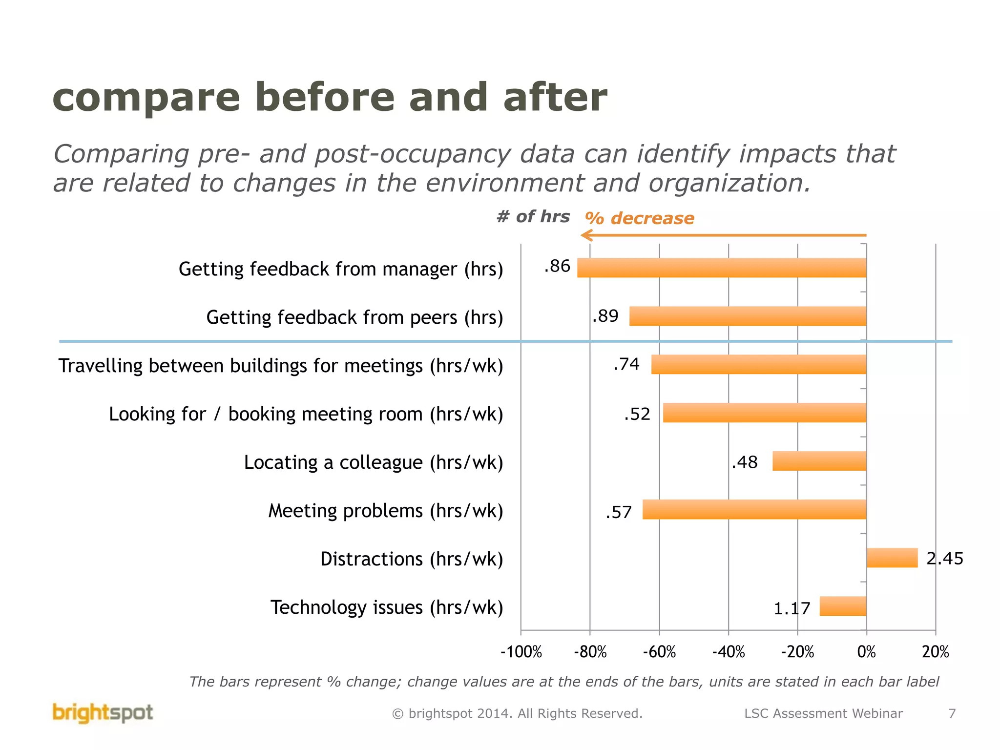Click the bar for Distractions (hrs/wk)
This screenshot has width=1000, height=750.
click(x=892, y=558)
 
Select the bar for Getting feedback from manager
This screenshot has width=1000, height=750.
click(x=722, y=268)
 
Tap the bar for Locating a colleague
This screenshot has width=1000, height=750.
click(x=819, y=461)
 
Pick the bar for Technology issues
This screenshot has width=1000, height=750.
click(x=843, y=606)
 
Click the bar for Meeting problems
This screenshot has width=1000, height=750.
click(x=754, y=509)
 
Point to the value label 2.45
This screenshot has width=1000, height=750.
click(x=944, y=558)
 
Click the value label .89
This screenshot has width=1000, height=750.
click(x=605, y=316)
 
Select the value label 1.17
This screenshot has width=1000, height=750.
click(x=792, y=608)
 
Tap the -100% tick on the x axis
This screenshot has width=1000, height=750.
click(x=521, y=652)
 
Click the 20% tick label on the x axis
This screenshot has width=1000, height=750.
click(x=935, y=652)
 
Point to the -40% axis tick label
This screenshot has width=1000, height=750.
click(x=728, y=652)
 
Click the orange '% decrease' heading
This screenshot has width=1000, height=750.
click(x=639, y=218)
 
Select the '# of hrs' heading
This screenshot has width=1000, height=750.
click(x=533, y=216)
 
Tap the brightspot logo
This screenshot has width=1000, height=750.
click(x=103, y=713)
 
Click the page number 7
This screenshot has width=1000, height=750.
click(x=952, y=713)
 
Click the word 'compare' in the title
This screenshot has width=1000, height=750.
click(x=146, y=98)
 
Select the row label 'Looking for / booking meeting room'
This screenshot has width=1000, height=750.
click(x=306, y=414)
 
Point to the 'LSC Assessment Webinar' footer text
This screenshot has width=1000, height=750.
click(x=823, y=713)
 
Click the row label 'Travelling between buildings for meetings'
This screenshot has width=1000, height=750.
click(x=280, y=366)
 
